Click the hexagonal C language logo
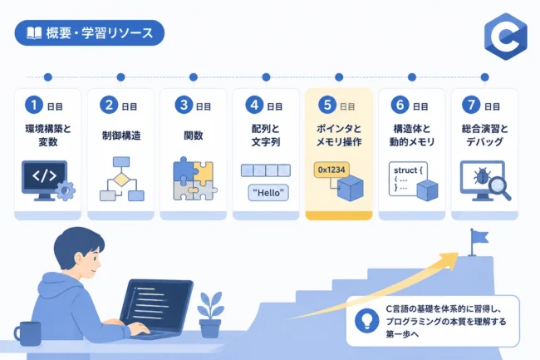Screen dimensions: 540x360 pyautogui.click(x=505, y=37)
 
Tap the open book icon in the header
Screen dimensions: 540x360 pyautogui.click(x=34, y=33)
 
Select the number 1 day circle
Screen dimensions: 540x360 pyautogui.click(x=34, y=105)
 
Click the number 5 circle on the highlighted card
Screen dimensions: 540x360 pyautogui.click(x=327, y=105)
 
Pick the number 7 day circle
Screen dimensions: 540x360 pyautogui.click(x=471, y=105)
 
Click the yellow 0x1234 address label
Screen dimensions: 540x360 pyautogui.click(x=331, y=170)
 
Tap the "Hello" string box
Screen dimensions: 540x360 pyautogui.click(x=268, y=193)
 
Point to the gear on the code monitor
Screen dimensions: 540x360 pyautogui.click(x=66, y=191)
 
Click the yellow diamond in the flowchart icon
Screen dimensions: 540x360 pyautogui.click(x=121, y=180)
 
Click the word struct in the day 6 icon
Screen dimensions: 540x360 pyautogui.click(x=405, y=170)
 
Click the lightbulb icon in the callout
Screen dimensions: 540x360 pyautogui.click(x=366, y=321)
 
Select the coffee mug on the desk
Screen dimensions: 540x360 pyautogui.click(x=27, y=333)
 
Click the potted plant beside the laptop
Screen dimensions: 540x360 pyautogui.click(x=210, y=315)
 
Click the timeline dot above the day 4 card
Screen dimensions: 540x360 pyautogui.click(x=266, y=77)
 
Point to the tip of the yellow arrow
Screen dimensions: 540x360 pyautogui.click(x=459, y=254)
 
